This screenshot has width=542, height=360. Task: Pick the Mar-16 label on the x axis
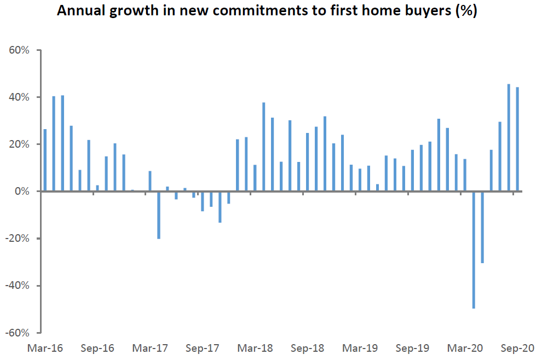coord(46,348)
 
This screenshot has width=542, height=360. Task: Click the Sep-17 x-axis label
coord(203,348)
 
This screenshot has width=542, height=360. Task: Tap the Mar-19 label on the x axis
coord(360,348)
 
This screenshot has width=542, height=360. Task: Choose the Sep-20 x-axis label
coord(517,348)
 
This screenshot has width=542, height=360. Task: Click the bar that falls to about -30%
coord(482,227)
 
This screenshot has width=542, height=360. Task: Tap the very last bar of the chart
coord(517,140)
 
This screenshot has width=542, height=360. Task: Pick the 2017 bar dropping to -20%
coord(159,215)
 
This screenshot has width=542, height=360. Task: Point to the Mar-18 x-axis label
coord(256,348)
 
